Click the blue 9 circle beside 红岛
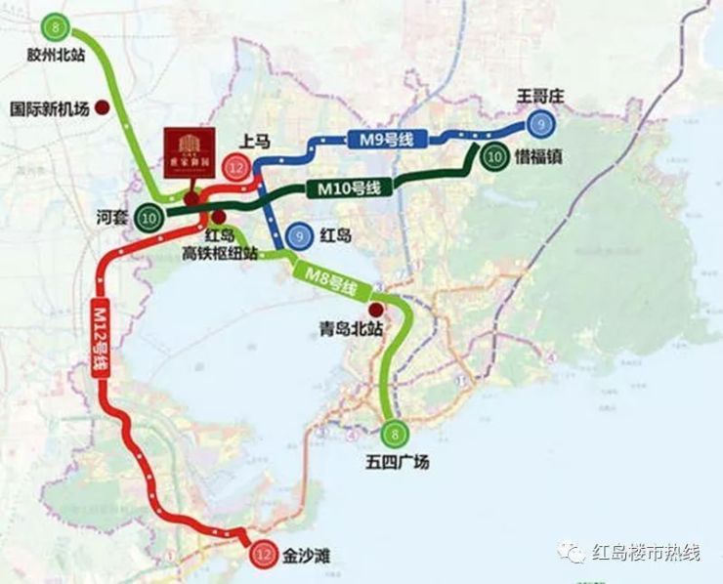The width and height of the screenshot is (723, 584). pos(298,235)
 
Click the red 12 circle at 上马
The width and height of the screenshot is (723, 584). pos(235,167)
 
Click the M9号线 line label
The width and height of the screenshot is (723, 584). pos(381,141)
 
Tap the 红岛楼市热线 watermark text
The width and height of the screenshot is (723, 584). pos(646,553)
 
